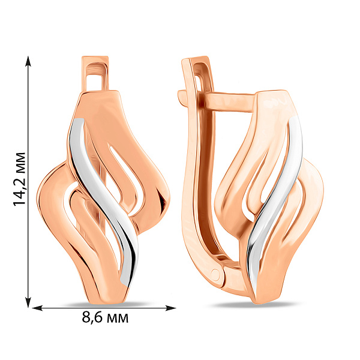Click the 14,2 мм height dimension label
19,179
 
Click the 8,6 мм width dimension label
105,317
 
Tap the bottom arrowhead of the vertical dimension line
28,302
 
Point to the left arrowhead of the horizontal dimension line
38,308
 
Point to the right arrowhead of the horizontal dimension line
170,308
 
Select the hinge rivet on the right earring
215,274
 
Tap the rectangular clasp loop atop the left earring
95,73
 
